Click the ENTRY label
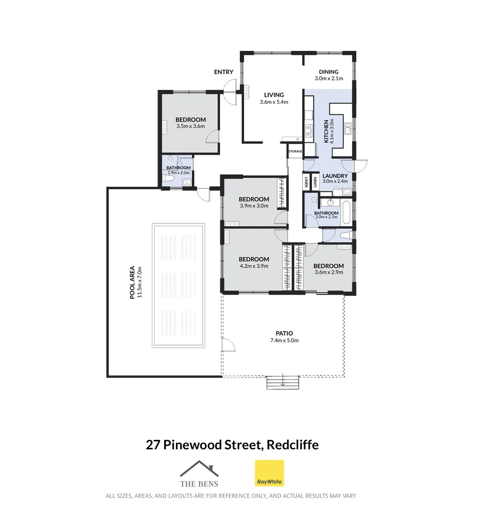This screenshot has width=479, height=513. point(224,72)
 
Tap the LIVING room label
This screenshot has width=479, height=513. point(274,95)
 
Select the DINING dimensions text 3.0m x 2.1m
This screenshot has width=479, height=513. point(329,79)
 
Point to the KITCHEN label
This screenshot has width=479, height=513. point(326,132)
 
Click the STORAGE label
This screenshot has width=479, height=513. point(295,152)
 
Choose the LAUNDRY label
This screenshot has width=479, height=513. point(335,175)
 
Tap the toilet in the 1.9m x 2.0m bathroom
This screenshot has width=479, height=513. point(167,179)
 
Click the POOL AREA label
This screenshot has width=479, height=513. point(133,282)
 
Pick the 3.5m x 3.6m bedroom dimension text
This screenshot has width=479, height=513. point(190,126)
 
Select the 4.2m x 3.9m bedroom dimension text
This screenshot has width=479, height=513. point(254,266)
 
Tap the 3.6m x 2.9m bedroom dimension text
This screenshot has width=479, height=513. point(329,272)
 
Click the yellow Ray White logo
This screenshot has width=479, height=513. point(269,473)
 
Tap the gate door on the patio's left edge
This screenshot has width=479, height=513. point(226,345)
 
